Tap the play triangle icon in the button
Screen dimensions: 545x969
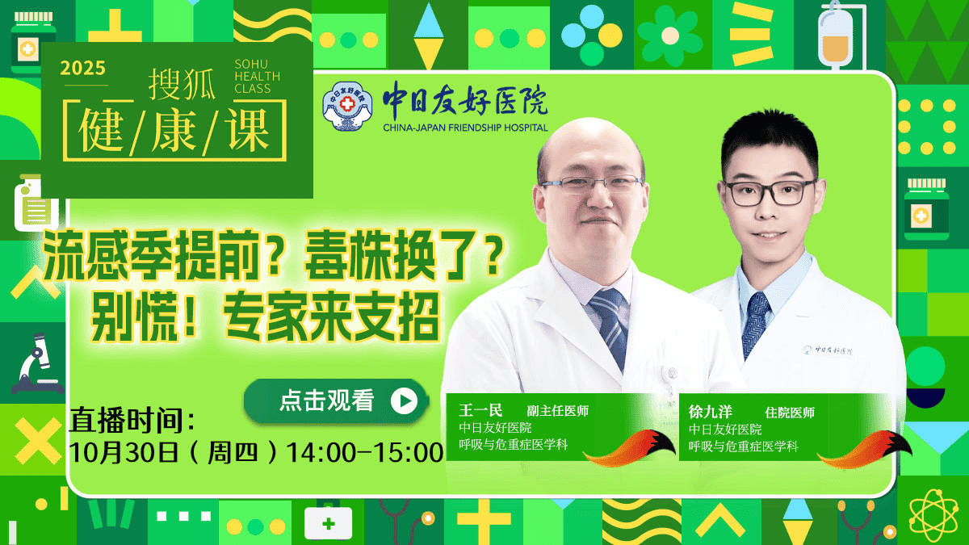click(x=404, y=400)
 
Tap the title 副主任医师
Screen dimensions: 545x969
click(x=557, y=411)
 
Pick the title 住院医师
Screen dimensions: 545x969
click(x=790, y=412)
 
